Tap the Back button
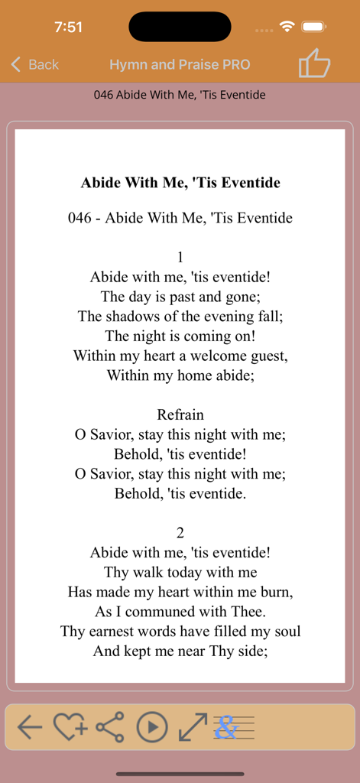tap(35, 65)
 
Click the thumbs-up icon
tap(313, 63)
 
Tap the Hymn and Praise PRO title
tap(180, 65)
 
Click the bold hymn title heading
tap(180, 183)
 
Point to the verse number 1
tap(180, 258)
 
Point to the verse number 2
tap(180, 533)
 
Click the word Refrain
tap(180, 415)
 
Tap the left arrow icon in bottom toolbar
tap(30, 727)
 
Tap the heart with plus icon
tap(70, 727)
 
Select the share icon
tap(110, 727)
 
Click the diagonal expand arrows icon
tap(192, 727)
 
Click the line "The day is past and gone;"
tap(180, 297)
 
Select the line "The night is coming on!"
tap(180, 336)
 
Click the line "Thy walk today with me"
tap(180, 572)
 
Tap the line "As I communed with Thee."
tap(180, 612)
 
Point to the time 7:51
tap(68, 27)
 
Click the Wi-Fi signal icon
tap(287, 27)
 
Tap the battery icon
tap(314, 27)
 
